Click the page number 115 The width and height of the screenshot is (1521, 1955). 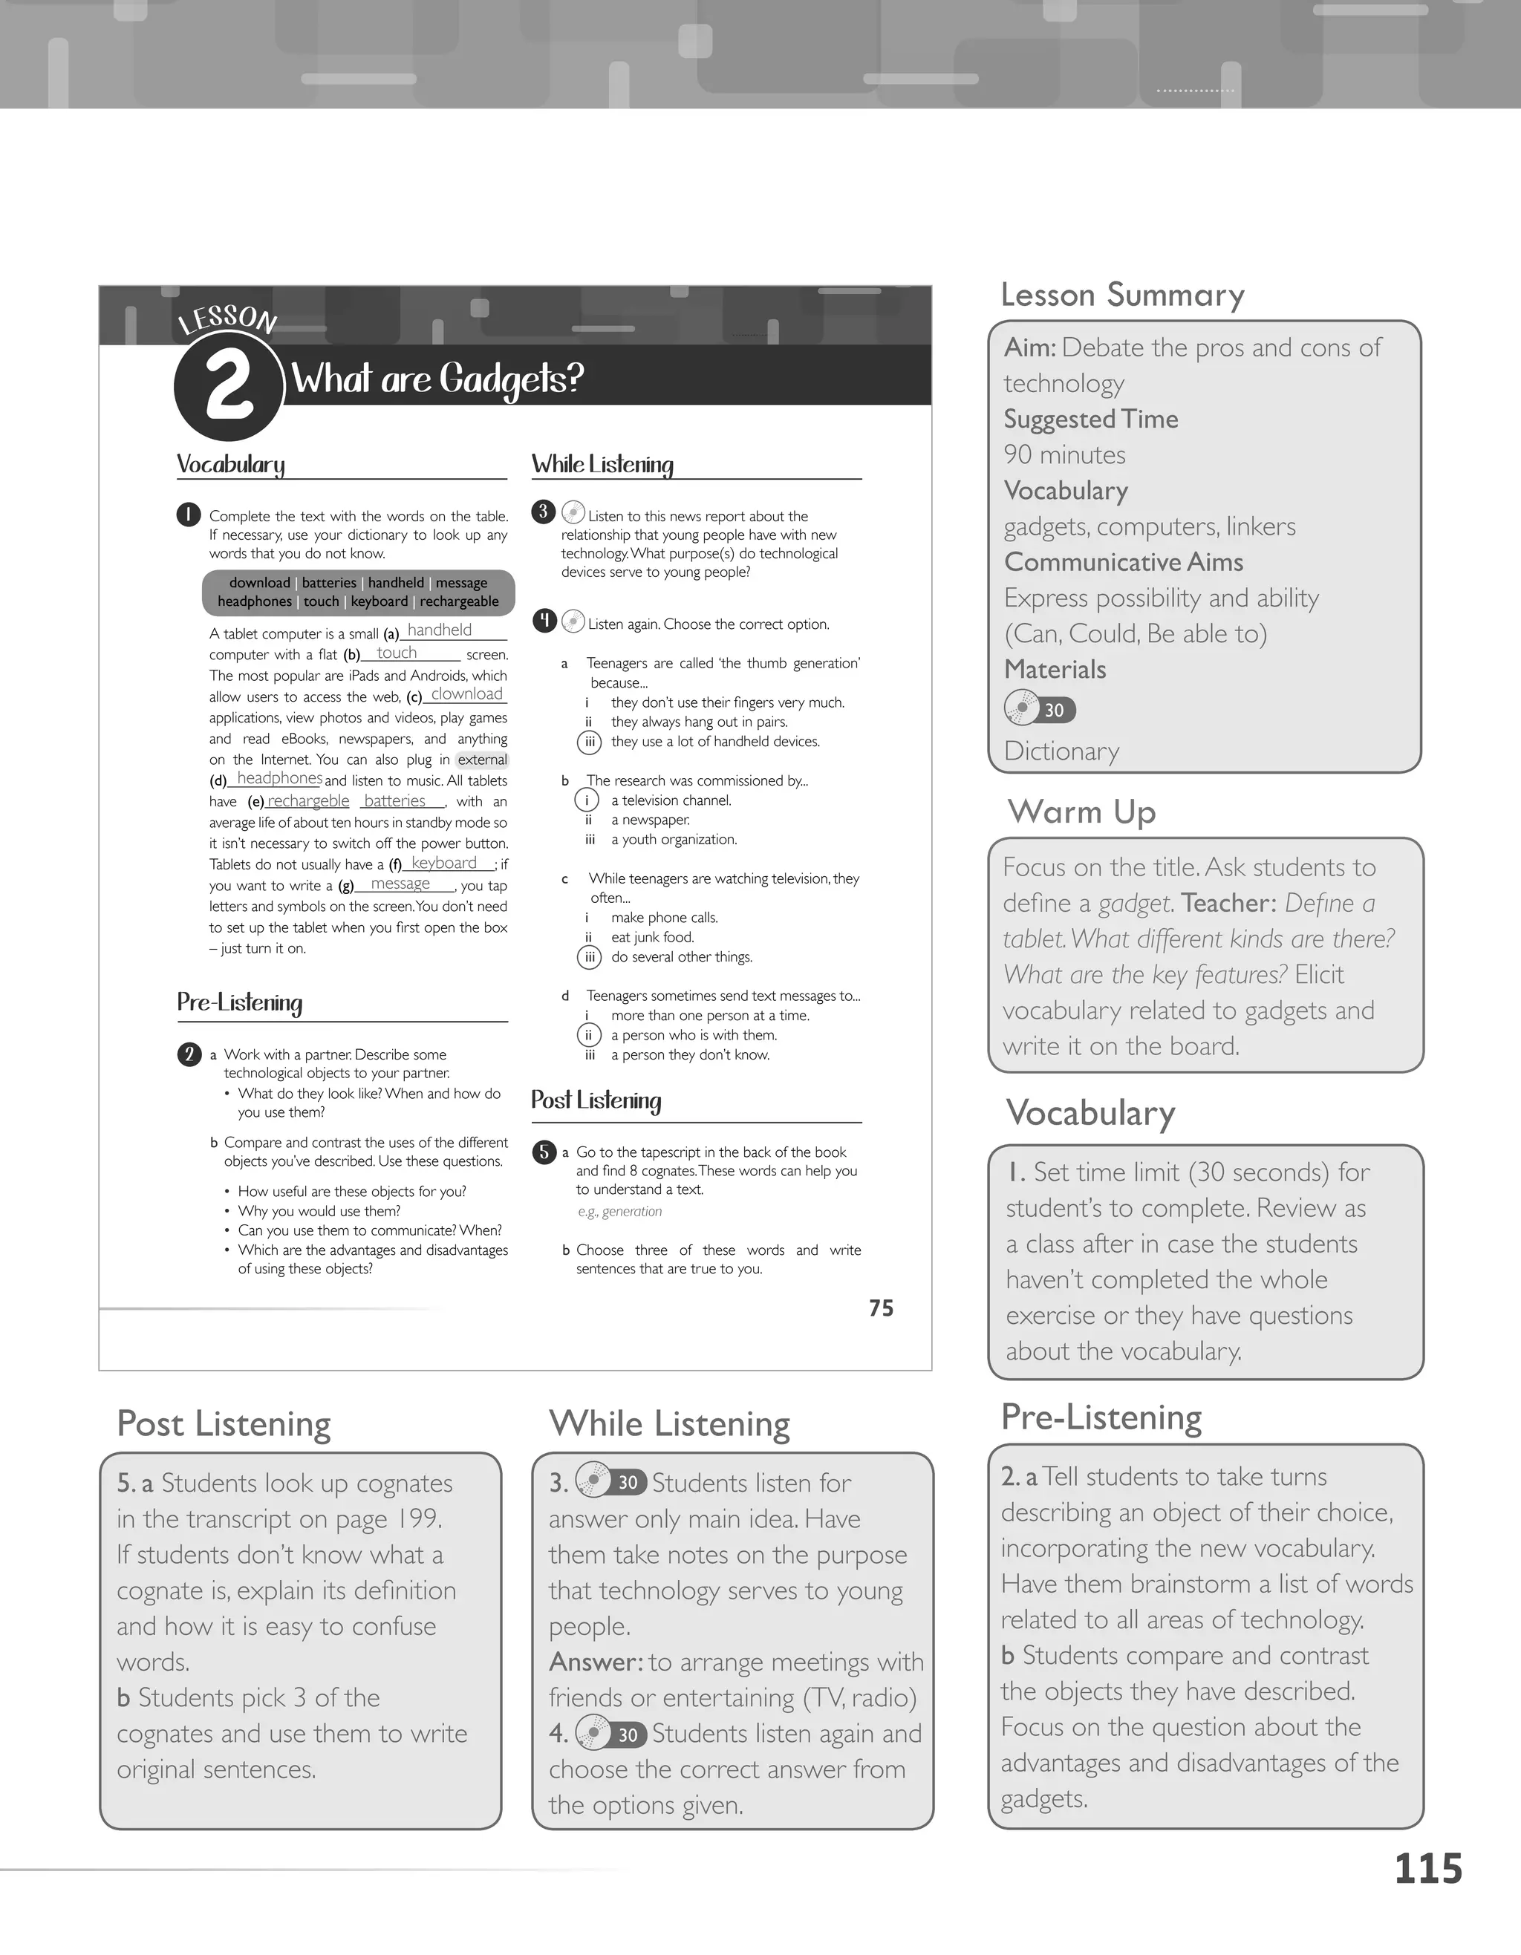pos(1428,1870)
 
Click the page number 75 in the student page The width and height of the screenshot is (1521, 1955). pos(881,1309)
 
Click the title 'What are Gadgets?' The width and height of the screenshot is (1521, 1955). pos(437,379)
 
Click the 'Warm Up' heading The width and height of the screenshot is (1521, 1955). pos(1081,812)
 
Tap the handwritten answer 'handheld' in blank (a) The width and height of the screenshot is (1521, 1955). pos(439,630)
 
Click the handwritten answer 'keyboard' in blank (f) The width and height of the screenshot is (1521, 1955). pos(444,863)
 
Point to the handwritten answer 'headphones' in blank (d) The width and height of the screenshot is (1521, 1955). pos(279,779)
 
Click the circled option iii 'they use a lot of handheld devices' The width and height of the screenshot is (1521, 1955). pos(589,742)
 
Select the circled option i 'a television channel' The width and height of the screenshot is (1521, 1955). pos(587,800)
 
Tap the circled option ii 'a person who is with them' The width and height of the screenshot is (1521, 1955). pos(588,1036)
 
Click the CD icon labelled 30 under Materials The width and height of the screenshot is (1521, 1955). pos(1038,710)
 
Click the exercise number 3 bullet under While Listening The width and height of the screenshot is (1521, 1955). pos(544,512)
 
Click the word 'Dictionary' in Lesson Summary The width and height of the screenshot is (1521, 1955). pos(1062,751)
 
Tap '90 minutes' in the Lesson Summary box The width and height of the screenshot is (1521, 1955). pos(1064,454)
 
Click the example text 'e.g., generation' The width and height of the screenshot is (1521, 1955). pos(619,1212)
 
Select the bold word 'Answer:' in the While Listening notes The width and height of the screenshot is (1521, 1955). pos(596,1662)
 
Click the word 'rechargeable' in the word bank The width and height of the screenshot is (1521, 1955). pos(459,601)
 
